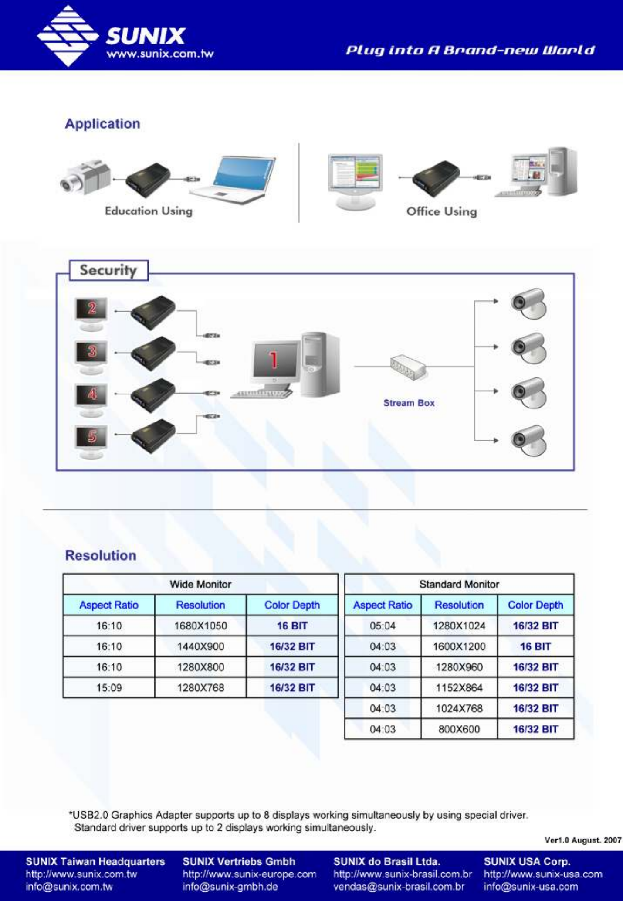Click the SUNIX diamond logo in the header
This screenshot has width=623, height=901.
(68, 36)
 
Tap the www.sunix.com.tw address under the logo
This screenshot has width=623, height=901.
(160, 54)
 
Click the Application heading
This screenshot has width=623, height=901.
(102, 123)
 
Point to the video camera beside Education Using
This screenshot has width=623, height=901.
(85, 177)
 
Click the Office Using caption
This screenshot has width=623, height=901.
(441, 211)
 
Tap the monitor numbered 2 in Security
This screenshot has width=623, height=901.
(91, 313)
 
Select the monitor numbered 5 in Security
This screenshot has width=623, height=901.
(91, 442)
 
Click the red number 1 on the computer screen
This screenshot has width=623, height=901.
(274, 360)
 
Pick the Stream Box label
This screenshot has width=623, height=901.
(409, 403)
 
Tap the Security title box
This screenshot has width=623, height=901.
(108, 270)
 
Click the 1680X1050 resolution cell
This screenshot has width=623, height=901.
(200, 626)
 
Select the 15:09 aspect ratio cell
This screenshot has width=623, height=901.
(109, 687)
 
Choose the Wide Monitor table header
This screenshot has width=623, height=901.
(200, 584)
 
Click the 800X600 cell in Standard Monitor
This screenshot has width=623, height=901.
(459, 729)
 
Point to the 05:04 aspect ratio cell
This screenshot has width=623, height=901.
(383, 626)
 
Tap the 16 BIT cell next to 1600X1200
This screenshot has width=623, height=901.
(535, 646)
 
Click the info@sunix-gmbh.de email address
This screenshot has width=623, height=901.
(230, 887)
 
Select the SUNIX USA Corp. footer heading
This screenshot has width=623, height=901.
(527, 861)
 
